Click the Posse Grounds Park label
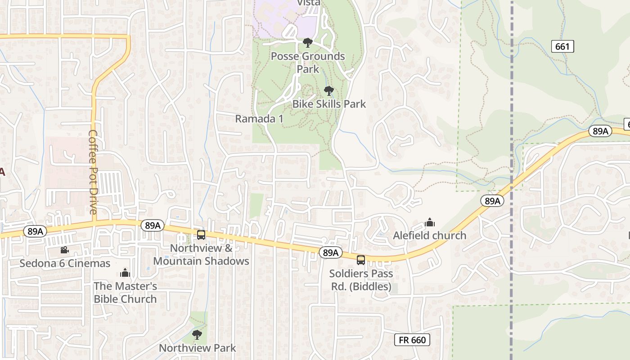pos(308,63)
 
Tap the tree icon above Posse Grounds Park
pos(308,43)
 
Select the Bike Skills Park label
pos(329,104)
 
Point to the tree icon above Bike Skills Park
pos(329,91)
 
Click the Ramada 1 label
pos(260,119)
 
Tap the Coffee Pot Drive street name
pos(93,172)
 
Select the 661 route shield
pos(562,46)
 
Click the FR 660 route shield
pos(412,340)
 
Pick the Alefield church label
pos(430,235)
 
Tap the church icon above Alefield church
pos(430,222)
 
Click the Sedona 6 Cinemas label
pos(65,263)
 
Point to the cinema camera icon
pos(64,250)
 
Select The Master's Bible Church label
pos(125,292)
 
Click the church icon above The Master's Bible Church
pos(125,273)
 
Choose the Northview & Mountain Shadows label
pos(201,255)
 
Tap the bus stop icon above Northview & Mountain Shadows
pos(201,234)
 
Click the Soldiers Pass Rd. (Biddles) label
pos(361,280)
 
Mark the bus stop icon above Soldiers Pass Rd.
pos(361,260)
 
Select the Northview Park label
pos(198,348)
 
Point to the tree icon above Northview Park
pos(197,335)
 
